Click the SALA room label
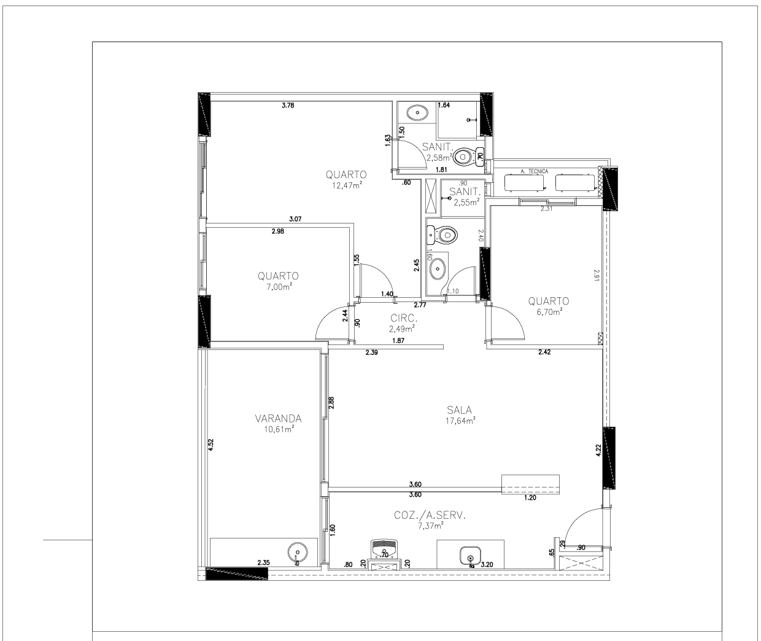point(459,410)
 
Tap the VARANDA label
point(279,418)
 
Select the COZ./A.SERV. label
point(430,515)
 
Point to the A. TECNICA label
point(535,171)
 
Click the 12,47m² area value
point(347,185)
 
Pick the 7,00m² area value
point(279,287)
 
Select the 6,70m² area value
point(549,312)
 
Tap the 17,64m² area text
point(460,421)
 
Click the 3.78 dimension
point(288,106)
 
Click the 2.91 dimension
point(597,276)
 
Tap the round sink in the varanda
point(298,552)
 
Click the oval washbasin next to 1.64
point(417,113)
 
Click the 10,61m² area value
point(279,429)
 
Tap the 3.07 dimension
point(295,219)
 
